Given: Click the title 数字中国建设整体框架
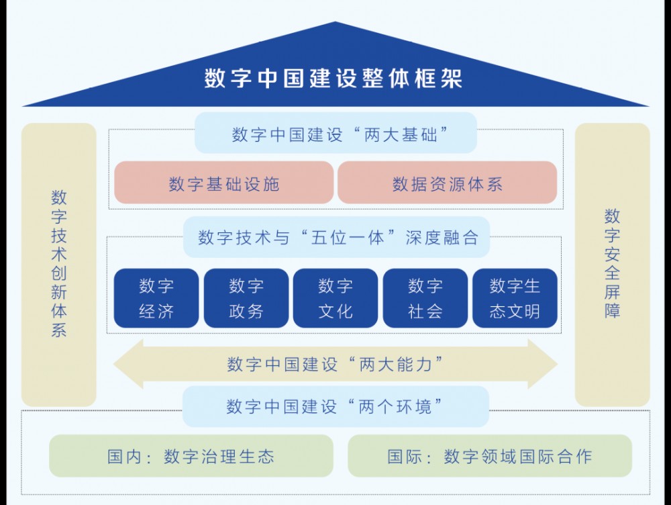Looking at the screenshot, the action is (x=333, y=79).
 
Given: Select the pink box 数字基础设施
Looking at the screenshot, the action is (x=224, y=183).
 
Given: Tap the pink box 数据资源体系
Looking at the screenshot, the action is (x=447, y=183).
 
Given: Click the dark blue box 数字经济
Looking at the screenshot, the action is (x=156, y=298).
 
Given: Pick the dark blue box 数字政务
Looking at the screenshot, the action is (x=246, y=298).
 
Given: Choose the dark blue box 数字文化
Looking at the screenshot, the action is (x=335, y=298).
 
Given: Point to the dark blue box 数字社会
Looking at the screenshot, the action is (x=425, y=298).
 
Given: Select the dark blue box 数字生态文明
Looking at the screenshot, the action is (x=515, y=298).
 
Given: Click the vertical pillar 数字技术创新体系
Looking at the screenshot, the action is (x=58, y=265).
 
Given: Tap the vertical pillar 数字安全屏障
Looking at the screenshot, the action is (x=613, y=265).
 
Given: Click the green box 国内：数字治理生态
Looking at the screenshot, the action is (x=191, y=456).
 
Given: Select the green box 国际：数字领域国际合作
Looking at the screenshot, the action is (x=490, y=456).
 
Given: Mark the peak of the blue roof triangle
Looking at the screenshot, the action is (x=335, y=22).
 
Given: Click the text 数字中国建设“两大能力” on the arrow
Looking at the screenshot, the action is (x=335, y=365).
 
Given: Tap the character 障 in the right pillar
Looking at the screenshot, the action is (x=613, y=311).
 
